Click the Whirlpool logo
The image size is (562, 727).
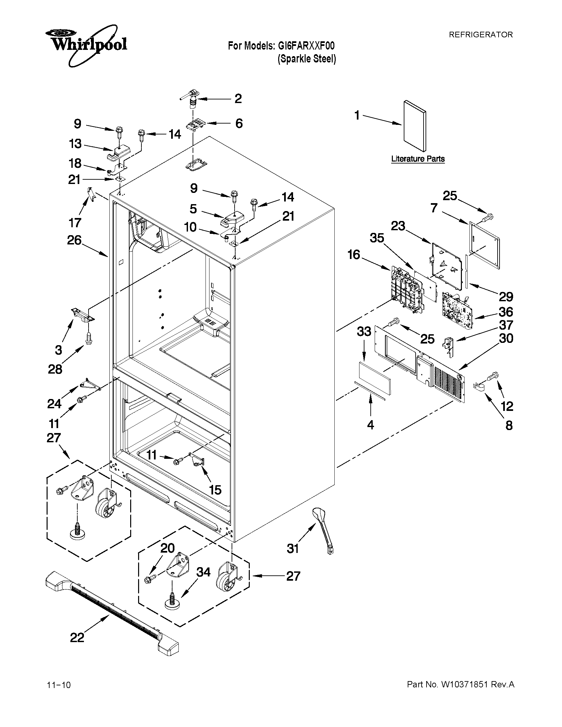(x=86, y=44)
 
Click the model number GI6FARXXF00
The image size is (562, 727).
(x=306, y=46)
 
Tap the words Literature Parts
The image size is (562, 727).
(x=418, y=159)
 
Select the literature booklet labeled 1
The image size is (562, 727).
(x=415, y=126)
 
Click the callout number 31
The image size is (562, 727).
(x=293, y=548)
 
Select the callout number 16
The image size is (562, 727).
(x=354, y=255)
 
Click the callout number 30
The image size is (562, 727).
(x=506, y=339)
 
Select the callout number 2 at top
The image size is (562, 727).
(x=238, y=98)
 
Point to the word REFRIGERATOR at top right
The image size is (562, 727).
(x=481, y=35)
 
